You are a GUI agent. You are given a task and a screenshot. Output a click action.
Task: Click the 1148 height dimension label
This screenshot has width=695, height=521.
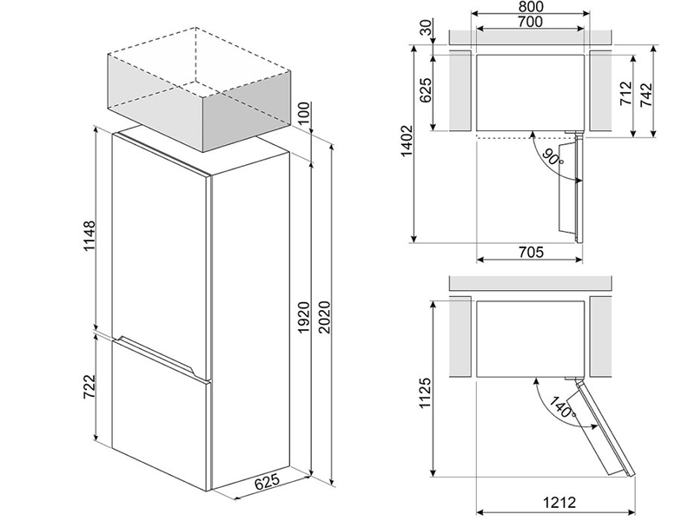tap(89, 235)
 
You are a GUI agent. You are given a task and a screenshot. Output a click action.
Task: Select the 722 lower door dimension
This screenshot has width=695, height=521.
tap(89, 386)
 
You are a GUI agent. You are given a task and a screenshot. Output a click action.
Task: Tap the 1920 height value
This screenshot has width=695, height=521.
tap(303, 317)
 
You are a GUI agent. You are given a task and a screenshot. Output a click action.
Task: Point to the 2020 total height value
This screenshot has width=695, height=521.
tap(325, 317)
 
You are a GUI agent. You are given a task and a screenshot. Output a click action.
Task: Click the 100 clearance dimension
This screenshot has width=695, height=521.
tap(303, 114)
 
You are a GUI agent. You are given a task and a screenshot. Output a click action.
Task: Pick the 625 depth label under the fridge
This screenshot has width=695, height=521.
tap(268, 482)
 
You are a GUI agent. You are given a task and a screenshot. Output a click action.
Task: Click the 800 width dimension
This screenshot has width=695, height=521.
tap(530, 7)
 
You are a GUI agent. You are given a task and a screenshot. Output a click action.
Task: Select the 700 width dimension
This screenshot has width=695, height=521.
tap(530, 21)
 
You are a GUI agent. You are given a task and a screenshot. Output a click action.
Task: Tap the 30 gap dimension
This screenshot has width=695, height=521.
tap(426, 28)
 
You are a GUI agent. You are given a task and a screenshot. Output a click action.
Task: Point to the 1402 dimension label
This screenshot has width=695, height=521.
tap(407, 142)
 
